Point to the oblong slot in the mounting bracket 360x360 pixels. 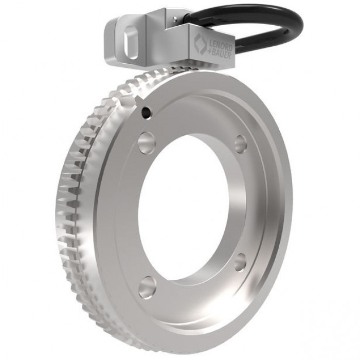click(x=131, y=43)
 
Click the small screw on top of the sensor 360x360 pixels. click(x=175, y=19)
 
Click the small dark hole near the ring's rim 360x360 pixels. click(x=146, y=112)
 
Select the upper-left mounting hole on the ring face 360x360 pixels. click(x=147, y=142)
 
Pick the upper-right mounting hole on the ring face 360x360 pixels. click(x=241, y=144)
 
